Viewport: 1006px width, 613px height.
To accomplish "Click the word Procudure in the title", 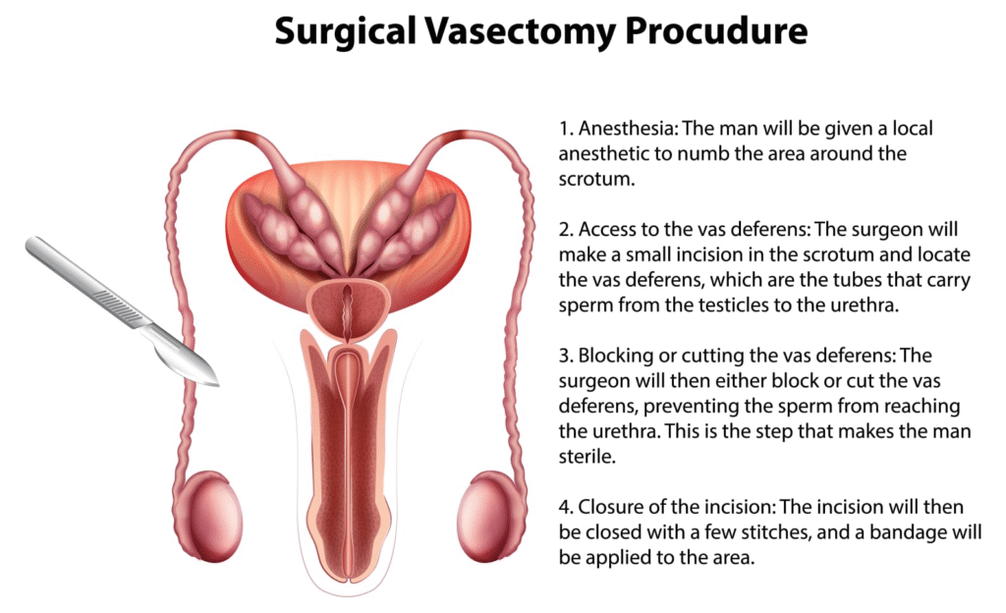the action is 716,31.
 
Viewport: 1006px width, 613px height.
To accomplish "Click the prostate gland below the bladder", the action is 348,311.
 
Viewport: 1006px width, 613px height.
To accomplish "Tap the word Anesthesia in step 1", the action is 628,129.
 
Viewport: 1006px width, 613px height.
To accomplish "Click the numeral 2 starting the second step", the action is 564,230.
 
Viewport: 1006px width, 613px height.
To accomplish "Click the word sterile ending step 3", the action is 587,457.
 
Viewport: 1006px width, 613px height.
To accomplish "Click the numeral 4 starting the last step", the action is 565,508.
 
